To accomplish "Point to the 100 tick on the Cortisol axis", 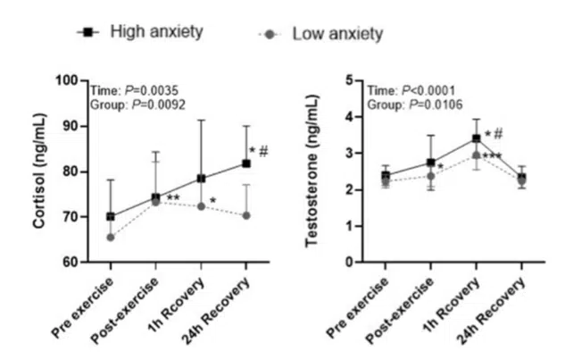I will pyautogui.click(x=74, y=80).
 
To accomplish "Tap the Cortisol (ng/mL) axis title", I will pyautogui.click(x=39, y=171).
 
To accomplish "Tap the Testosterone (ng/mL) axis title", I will pyautogui.click(x=314, y=171).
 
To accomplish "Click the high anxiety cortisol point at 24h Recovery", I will pyautogui.click(x=245, y=163).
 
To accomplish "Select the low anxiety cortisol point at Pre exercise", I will pyautogui.click(x=110, y=238).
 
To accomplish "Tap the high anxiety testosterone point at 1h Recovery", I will pyautogui.click(x=477, y=138).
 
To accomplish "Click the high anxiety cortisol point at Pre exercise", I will pyautogui.click(x=110, y=216).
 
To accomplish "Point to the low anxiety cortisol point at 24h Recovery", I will pyautogui.click(x=245, y=215).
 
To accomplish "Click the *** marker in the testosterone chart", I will pyautogui.click(x=494, y=158).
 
